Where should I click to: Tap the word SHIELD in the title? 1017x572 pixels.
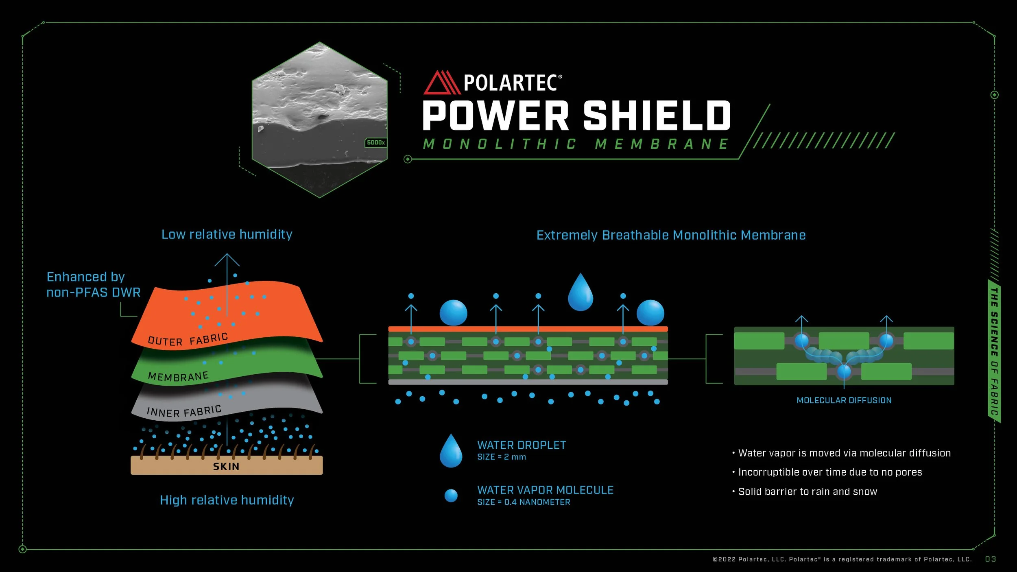(x=657, y=116)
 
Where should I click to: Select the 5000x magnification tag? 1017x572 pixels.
(x=375, y=143)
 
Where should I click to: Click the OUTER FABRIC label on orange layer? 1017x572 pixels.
(x=188, y=340)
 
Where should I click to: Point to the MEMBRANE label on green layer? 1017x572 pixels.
(x=178, y=376)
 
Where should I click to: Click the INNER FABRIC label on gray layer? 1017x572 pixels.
(x=184, y=411)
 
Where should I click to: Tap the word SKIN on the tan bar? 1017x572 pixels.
(x=226, y=466)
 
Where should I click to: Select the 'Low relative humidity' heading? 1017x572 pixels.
(x=227, y=235)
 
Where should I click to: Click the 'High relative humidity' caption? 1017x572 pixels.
(x=227, y=500)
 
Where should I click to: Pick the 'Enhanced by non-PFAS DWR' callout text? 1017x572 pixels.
(x=93, y=284)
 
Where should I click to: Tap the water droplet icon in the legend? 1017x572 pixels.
(x=451, y=451)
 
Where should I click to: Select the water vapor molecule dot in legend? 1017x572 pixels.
(x=451, y=496)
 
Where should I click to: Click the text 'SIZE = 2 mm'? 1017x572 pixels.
(x=501, y=457)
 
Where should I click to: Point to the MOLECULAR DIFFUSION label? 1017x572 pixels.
(x=844, y=400)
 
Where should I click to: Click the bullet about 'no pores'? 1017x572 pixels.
(x=829, y=472)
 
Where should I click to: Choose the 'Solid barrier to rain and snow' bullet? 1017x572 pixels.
(x=807, y=492)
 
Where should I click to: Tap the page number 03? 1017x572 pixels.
(x=990, y=559)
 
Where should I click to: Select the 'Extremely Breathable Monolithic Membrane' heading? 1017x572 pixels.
(x=671, y=236)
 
